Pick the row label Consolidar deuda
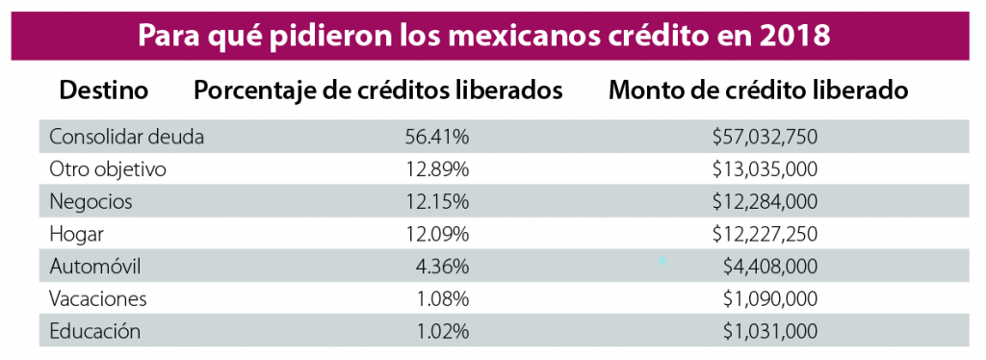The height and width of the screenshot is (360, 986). point(126,137)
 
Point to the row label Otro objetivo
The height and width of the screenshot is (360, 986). point(108,169)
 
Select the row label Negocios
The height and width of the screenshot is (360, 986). point(91,202)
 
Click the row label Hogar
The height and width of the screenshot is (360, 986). point(76,234)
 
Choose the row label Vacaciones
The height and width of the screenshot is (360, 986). point(98,299)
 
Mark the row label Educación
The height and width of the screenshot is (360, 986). point(95,332)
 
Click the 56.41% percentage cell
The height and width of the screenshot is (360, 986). point(437,137)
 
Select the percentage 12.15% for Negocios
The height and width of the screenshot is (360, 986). point(437,202)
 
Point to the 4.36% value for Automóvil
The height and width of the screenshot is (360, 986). point(442,267)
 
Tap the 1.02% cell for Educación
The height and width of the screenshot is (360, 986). point(442,332)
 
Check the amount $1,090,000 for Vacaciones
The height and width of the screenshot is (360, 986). point(770,299)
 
